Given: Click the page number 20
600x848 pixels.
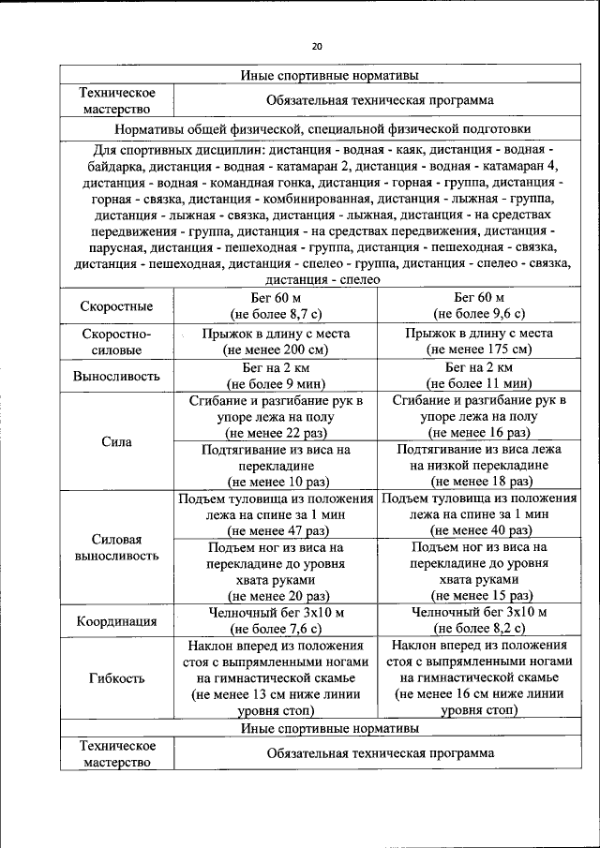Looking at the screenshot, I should (x=316, y=46).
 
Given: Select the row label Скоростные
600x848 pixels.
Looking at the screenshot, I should (x=117, y=305).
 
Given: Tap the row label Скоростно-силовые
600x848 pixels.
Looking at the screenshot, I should (x=117, y=341).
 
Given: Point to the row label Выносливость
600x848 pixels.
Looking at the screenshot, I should (x=117, y=376).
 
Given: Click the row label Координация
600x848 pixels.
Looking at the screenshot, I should (x=117, y=620).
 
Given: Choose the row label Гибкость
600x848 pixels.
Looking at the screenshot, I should (x=117, y=677).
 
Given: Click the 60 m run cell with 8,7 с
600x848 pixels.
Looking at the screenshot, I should (x=276, y=305).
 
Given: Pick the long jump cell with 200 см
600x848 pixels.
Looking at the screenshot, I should (x=276, y=341).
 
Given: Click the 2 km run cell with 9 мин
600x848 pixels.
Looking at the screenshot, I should (x=276, y=376).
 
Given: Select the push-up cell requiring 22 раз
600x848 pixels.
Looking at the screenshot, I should (x=276, y=416).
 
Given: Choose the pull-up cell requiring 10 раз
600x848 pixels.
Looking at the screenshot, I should (x=276, y=465).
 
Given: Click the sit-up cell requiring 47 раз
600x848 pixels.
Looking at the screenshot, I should (x=276, y=513).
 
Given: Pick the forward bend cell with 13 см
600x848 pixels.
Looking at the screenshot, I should (x=276, y=677).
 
